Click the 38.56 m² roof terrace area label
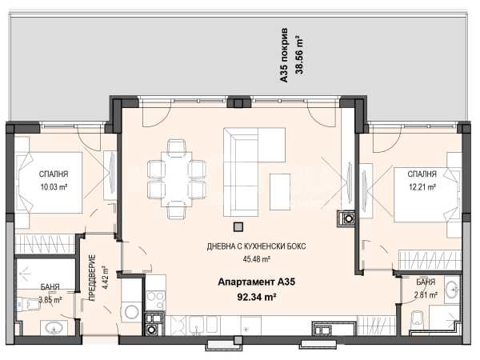299,55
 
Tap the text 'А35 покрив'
284,55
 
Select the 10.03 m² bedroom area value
54,186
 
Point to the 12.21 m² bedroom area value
422,186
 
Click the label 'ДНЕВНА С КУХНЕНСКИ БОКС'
256,246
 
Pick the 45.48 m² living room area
256,259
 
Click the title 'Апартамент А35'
256,282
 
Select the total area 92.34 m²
256,297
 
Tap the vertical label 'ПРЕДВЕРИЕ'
93,278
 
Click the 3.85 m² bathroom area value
50,300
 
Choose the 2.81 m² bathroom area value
426,295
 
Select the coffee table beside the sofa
280,192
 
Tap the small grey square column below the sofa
238,226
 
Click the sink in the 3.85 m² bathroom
54,328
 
